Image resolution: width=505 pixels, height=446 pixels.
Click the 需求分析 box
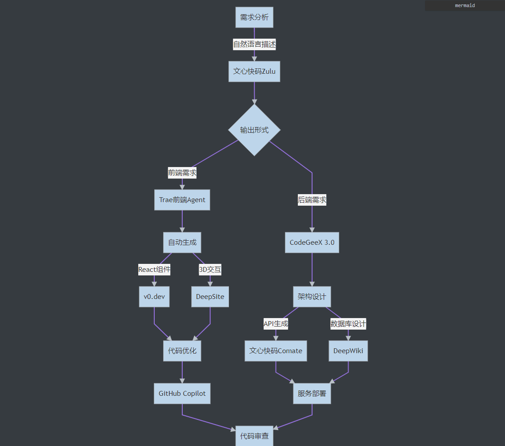[254, 17]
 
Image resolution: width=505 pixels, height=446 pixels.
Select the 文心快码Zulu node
[254, 71]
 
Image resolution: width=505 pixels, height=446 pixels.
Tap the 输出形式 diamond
[254, 130]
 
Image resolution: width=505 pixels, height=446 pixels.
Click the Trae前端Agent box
[182, 200]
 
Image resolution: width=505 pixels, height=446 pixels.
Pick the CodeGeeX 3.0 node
[312, 243]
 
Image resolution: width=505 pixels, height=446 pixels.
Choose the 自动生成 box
[182, 243]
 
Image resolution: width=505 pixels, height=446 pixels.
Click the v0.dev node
[154, 296]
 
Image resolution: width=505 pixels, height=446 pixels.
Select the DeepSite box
[210, 296]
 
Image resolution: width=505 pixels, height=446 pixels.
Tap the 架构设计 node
[312, 296]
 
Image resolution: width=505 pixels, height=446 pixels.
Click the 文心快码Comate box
[276, 350]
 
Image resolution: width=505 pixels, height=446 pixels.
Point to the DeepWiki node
[348, 350]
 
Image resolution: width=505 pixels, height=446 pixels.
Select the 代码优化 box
[182, 350]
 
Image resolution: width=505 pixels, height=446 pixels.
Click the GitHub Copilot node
[182, 393]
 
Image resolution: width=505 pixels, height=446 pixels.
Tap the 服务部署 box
[312, 393]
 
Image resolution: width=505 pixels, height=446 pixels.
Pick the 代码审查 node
[254, 436]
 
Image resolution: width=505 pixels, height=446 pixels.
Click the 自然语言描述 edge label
[255, 44]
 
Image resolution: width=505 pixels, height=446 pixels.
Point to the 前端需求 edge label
[182, 173]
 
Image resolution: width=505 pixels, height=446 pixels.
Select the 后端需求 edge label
[312, 200]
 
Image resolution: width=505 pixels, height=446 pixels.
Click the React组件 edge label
[154, 269]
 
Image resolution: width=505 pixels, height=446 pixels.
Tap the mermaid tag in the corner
[465, 5]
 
